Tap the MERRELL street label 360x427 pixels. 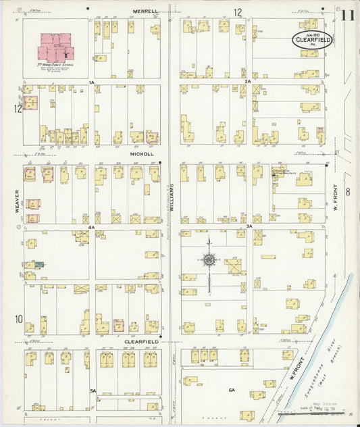point(145,11)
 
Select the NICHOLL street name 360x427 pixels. point(143,153)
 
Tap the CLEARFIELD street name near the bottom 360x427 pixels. point(140,342)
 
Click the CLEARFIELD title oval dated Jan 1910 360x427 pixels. point(311,40)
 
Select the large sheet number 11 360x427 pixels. point(348,15)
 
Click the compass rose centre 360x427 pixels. point(209,259)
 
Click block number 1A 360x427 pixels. point(91,82)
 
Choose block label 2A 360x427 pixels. point(248,82)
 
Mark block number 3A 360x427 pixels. point(249,226)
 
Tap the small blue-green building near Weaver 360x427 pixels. point(38,264)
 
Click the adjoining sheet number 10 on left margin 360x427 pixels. point(18,319)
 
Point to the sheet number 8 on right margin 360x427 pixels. point(348,193)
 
